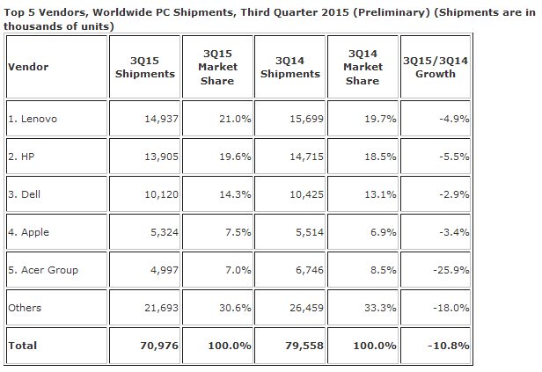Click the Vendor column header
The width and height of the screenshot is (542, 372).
(x=27, y=67)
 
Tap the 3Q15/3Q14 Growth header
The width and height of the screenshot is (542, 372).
(x=435, y=67)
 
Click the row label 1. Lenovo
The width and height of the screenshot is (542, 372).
(x=34, y=118)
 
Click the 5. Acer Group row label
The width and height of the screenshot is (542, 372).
(x=43, y=269)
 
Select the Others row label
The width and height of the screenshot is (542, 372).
(x=25, y=308)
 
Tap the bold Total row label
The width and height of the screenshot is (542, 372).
(x=22, y=346)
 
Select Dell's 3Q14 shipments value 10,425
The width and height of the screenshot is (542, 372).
(x=302, y=194)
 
